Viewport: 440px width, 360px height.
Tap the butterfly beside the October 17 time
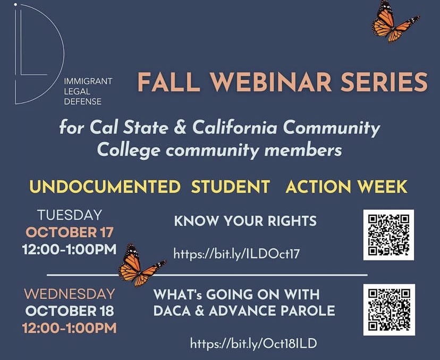pyautogui.click(x=139, y=265)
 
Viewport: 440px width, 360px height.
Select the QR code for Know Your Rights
pyautogui.click(x=388, y=235)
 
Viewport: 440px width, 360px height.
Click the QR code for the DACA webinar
pyautogui.click(x=388, y=309)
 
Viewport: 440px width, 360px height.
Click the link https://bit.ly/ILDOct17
pyautogui.click(x=236, y=253)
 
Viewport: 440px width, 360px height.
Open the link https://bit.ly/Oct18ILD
pyautogui.click(x=253, y=343)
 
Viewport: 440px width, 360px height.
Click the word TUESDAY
pyautogui.click(x=69, y=215)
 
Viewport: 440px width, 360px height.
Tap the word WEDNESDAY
pyautogui.click(x=69, y=294)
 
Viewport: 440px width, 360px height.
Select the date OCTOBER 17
pyautogui.click(x=69, y=232)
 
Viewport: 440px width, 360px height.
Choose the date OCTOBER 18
pyautogui.click(x=69, y=311)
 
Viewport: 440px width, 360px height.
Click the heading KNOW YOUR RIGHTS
pyautogui.click(x=245, y=220)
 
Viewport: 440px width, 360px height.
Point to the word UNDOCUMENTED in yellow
pyautogui.click(x=105, y=187)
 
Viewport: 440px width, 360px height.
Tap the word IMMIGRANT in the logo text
pyautogui.click(x=88, y=81)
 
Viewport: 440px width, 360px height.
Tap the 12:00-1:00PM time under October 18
pyautogui.click(x=69, y=328)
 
